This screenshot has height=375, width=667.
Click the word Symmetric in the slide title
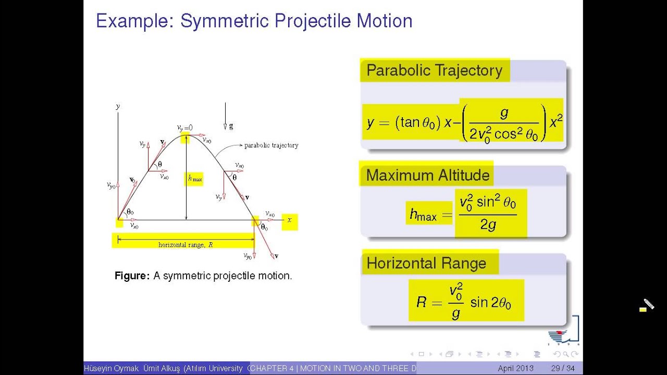point(225,21)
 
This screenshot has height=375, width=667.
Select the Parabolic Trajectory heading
point(434,70)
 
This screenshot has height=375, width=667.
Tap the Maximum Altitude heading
point(427,175)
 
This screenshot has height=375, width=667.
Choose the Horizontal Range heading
point(426,263)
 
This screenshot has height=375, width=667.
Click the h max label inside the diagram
point(194,179)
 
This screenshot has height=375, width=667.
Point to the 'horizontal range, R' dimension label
point(186,244)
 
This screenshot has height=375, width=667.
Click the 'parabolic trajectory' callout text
point(271,145)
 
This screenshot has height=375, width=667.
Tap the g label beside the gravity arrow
point(231,126)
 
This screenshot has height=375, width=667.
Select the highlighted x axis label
point(289,220)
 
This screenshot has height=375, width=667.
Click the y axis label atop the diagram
point(118,106)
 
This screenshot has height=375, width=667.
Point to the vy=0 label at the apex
point(184,128)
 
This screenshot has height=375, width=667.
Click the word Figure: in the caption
point(132,276)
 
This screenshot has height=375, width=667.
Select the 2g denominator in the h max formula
point(488,225)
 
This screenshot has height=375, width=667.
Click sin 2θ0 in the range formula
point(490,302)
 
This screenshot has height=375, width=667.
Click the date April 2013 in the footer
point(515,368)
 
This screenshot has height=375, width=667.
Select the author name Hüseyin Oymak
point(111,368)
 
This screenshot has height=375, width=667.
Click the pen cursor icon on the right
point(647,305)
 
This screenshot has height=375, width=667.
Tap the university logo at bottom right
point(564,331)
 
